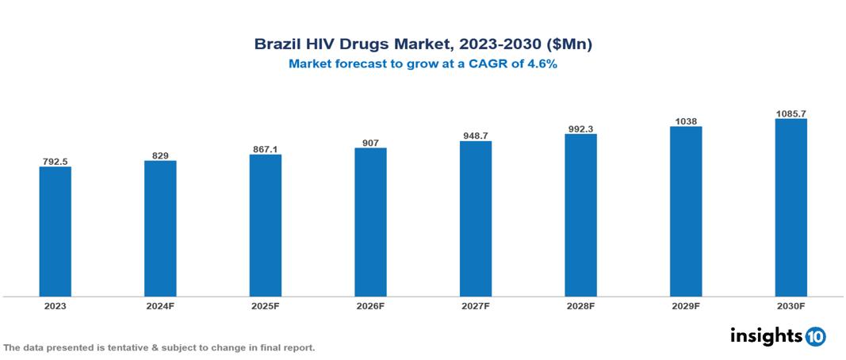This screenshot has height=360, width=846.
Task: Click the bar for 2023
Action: coord(55,232)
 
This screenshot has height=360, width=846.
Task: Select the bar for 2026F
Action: coord(370,222)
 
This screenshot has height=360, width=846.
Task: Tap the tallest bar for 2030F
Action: coord(790,208)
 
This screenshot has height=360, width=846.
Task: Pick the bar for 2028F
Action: coord(580,215)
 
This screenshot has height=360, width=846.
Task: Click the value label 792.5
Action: coord(55,161)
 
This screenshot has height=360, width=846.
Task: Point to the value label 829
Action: coord(160,155)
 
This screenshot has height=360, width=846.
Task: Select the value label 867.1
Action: coord(265,148)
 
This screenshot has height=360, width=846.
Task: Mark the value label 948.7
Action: coord(475,136)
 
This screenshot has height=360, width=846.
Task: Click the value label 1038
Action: coord(686,121)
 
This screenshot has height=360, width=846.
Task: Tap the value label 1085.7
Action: coord(790,113)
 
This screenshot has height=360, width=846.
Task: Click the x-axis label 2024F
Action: coord(160,305)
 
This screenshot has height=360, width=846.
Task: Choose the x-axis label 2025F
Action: coord(265,305)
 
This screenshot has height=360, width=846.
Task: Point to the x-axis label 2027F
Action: coord(475,305)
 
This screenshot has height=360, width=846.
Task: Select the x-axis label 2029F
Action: coord(686,305)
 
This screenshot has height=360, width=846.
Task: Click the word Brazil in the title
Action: coord(277,44)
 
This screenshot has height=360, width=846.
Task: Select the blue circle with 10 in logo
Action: coord(815,336)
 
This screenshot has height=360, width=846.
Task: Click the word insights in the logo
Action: coord(766,335)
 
